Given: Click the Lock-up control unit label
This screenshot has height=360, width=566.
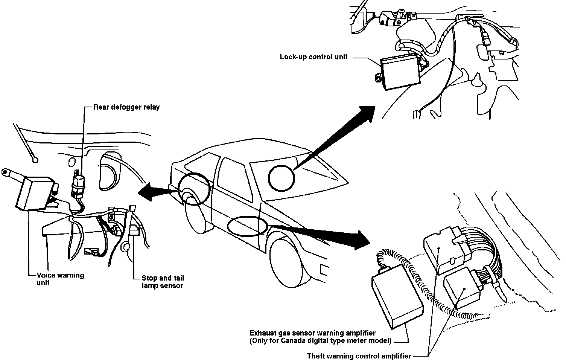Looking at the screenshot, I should click(313, 57).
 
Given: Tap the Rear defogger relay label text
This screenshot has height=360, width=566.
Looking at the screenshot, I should click(126, 107).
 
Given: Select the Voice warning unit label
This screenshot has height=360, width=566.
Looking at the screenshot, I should click(60, 279).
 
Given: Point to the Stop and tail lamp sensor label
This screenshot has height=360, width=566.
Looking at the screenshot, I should click(163, 282).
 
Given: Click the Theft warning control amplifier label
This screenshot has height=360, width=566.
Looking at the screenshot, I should click(359, 356).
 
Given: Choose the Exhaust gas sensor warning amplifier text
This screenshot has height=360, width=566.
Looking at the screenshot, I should click(312, 333).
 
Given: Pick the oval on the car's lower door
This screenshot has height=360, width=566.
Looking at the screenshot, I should click(247, 226).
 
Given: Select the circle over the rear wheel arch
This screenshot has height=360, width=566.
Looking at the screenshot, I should click(194, 188).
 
